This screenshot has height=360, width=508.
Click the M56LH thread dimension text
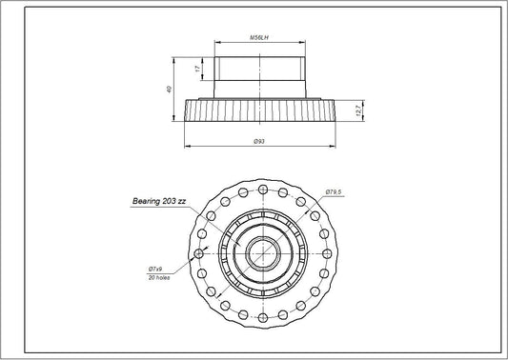pyautogui.click(x=257, y=39)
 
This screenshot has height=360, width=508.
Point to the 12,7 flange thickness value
pyautogui.click(x=356, y=109)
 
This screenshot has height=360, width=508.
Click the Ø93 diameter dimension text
pyautogui.click(x=258, y=142)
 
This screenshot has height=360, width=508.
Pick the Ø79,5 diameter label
pyautogui.click(x=333, y=192)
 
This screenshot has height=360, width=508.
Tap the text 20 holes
pyautogui.click(x=158, y=278)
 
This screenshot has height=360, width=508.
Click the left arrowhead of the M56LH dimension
pyautogui.click(x=215, y=43)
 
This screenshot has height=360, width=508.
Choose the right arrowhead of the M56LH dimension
pyautogui.click(x=302, y=43)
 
